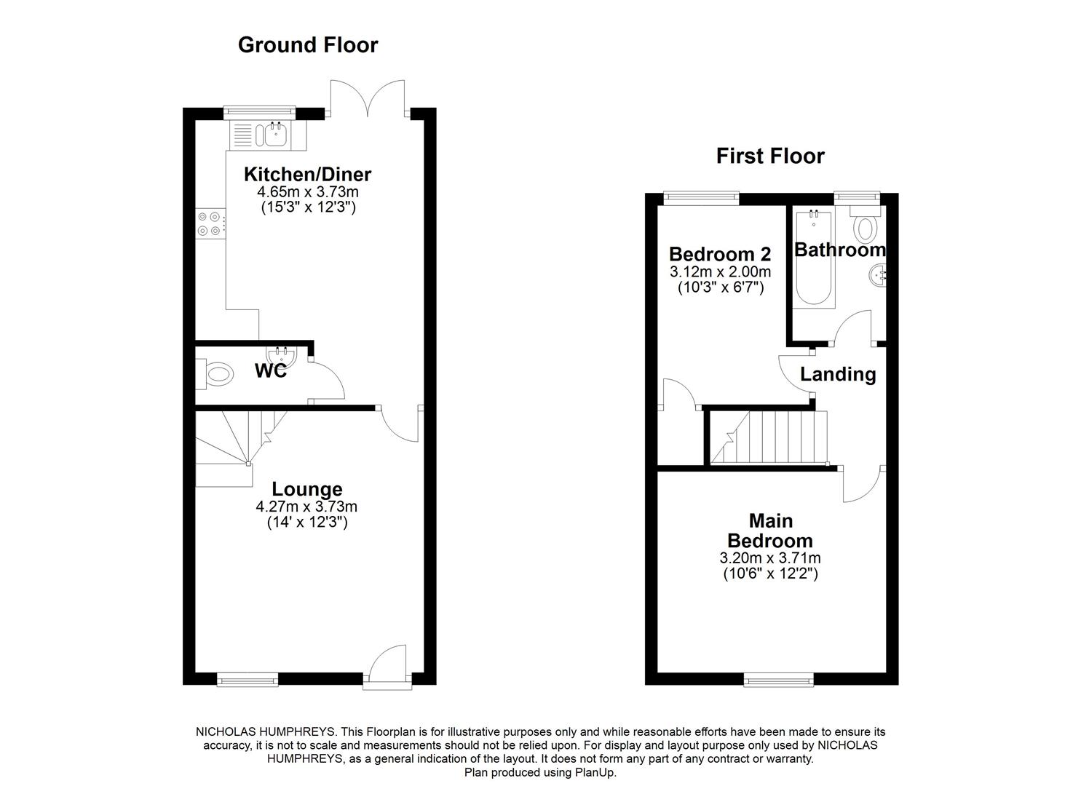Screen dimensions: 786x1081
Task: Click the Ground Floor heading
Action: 308,45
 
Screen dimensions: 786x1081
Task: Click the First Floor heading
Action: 770,156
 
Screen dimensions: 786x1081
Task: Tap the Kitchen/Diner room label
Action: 307,175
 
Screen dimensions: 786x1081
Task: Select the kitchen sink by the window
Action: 275,134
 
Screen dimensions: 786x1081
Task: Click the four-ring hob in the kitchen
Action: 210,223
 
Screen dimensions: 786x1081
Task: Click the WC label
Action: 270,370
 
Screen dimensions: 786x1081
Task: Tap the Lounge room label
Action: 307,489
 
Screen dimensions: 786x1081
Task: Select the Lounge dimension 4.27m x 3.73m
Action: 306,507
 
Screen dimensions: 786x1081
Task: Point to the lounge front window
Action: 248,680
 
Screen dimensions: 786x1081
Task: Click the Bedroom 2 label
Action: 719,255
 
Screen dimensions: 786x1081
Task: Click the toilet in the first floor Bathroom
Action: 865,226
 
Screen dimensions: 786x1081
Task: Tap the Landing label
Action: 838,374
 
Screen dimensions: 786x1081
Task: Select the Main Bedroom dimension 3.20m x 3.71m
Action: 770,558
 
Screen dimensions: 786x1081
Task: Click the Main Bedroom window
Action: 778,680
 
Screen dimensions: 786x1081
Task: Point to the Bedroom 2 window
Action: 701,196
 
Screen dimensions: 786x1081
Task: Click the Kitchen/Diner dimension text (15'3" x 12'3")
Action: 307,207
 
